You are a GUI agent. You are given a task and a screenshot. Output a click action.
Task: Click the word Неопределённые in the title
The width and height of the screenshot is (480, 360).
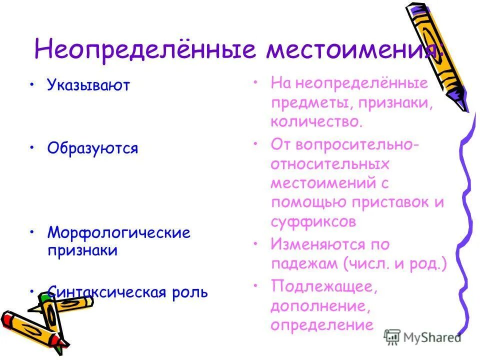(145, 51)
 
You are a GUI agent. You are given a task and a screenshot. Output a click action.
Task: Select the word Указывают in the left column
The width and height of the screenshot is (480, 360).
(88, 85)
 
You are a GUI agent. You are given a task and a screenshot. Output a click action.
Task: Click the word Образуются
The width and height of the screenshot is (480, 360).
(92, 148)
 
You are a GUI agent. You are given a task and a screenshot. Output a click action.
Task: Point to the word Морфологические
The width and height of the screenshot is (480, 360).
(119, 233)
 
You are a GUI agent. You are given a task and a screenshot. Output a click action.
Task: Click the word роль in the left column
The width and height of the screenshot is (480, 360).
(189, 292)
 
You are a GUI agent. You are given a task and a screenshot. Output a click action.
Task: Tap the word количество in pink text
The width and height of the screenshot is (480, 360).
(315, 121)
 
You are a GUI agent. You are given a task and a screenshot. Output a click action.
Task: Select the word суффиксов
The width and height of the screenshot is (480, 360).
(313, 222)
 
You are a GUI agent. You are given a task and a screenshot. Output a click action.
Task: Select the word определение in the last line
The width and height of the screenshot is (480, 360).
(322, 325)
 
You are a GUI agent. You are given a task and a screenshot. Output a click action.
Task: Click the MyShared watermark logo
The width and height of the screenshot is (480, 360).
(422, 336)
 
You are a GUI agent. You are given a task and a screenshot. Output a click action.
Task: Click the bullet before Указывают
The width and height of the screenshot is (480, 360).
(32, 83)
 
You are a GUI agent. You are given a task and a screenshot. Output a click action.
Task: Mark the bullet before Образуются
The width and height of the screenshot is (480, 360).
(32, 147)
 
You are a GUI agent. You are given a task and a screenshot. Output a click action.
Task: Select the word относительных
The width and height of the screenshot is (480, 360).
(329, 164)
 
